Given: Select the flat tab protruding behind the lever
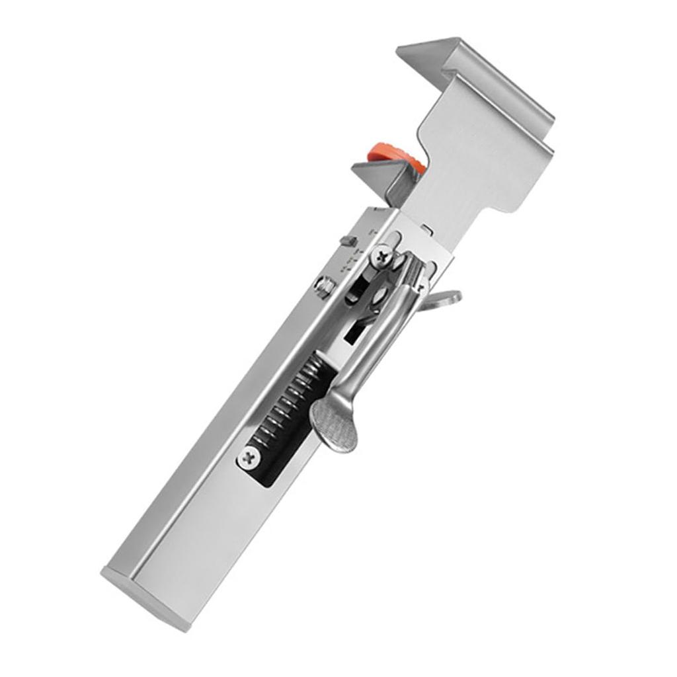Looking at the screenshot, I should pyautogui.click(x=444, y=299).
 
